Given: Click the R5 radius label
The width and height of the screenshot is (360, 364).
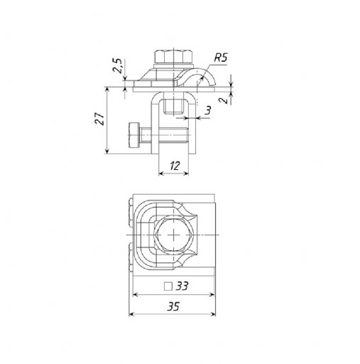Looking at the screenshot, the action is [221, 58].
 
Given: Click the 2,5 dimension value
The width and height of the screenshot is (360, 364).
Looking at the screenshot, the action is [117, 65].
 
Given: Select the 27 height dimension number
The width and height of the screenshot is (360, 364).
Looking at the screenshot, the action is [99, 119].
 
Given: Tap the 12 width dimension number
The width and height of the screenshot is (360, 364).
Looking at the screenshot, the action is [175, 166].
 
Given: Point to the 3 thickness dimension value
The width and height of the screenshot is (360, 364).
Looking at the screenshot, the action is [207, 110].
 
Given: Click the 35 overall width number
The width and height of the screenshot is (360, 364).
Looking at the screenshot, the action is [173, 306].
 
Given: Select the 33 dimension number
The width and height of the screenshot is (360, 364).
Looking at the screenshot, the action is [182, 286].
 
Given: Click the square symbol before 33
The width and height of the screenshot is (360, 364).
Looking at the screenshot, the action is [168, 287].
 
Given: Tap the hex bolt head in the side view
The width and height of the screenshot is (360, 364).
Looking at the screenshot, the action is [173, 56].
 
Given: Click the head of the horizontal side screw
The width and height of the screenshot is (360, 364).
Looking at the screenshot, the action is [134, 135].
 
